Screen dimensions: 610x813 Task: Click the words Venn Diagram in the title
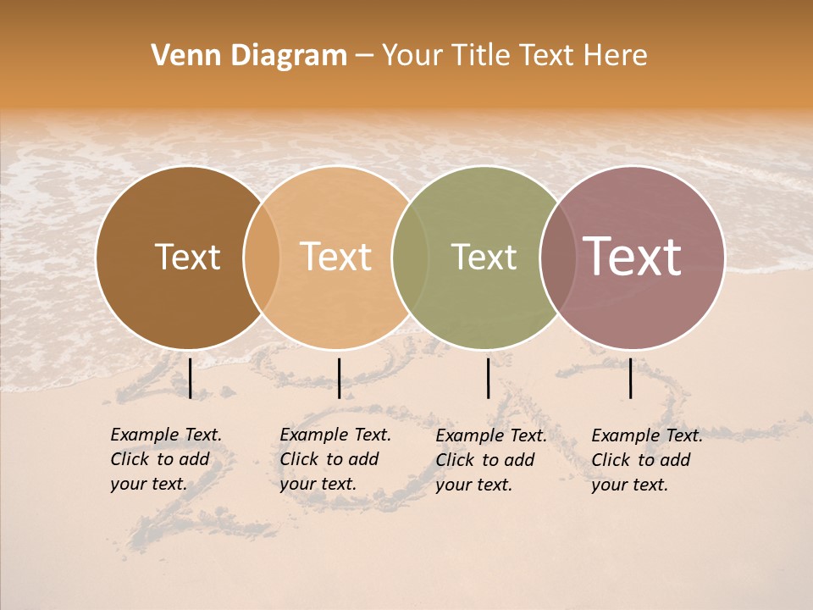coord(249,56)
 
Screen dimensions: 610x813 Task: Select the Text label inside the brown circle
coord(187,257)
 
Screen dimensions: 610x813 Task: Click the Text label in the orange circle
coord(336,257)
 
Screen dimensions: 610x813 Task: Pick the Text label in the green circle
coord(484,257)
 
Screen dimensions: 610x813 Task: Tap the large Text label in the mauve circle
coord(633,257)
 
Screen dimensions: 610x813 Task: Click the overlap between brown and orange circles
coord(262,257)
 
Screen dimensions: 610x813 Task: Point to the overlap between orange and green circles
coord(410,257)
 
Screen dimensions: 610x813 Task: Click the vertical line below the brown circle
coord(191,378)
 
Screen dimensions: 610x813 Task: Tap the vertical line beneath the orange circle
coord(339,378)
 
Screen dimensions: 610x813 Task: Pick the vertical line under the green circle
coord(488,378)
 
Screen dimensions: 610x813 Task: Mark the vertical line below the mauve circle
coord(631,378)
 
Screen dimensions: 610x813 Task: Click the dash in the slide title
coord(363,57)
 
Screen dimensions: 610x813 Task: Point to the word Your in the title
coord(412,56)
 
